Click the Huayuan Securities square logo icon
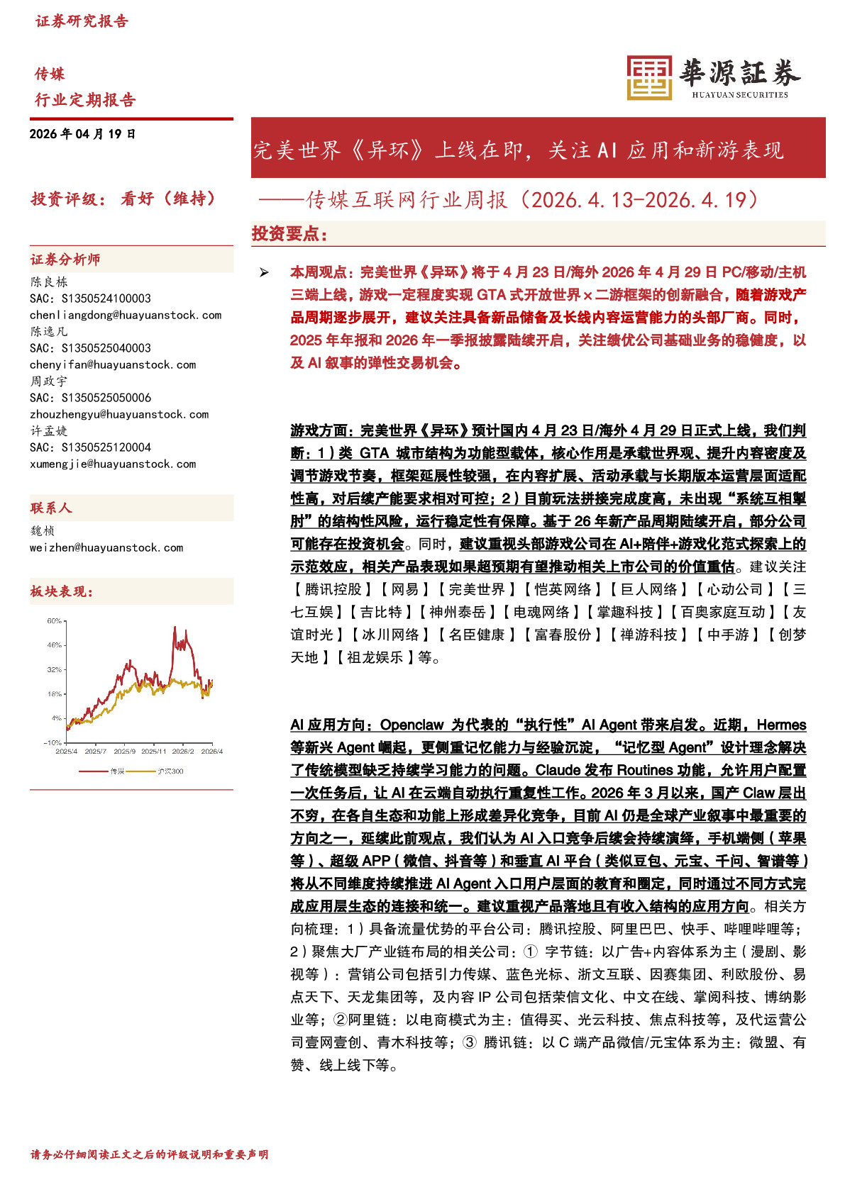(x=648, y=77)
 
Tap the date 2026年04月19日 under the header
(x=82, y=134)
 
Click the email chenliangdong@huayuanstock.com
(x=126, y=315)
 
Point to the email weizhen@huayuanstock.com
(x=106, y=547)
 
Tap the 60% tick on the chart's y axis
(x=55, y=621)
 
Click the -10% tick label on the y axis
(x=53, y=742)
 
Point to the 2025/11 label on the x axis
(x=153, y=751)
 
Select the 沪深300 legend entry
(x=170, y=771)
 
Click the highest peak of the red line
(x=175, y=627)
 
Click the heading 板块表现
(x=61, y=591)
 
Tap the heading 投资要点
(x=289, y=233)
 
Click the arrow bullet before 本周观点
(x=264, y=272)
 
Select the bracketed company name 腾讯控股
(x=333, y=589)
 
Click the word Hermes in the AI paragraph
(x=781, y=725)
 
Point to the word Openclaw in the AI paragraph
(x=412, y=725)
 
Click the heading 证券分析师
(x=65, y=260)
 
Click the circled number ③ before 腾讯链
(x=469, y=1042)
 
